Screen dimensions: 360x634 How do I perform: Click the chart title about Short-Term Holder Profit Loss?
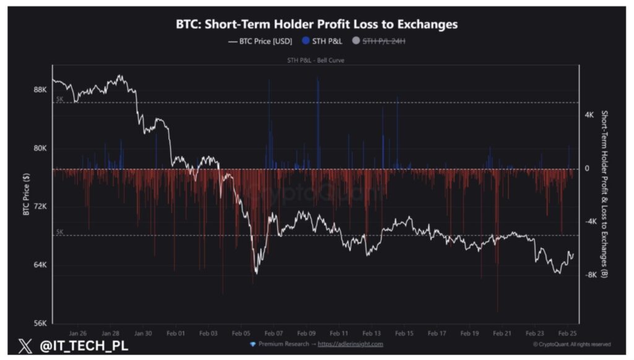pos(316,24)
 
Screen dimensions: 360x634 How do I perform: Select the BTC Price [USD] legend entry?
pos(261,41)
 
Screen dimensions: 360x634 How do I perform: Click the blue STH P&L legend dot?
pos(306,41)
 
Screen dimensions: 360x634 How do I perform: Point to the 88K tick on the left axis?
pos(40,90)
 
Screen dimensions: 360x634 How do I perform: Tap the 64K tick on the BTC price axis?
pos(40,265)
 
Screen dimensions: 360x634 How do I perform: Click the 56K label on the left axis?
pos(40,323)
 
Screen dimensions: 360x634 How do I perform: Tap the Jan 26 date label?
pos(78,333)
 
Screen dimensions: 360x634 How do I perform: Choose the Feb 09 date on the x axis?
pos(306,333)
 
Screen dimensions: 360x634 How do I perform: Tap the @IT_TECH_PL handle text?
pos(84,346)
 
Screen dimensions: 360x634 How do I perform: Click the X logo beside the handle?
pos(25,346)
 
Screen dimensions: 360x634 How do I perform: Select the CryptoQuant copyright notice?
pos(571,344)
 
